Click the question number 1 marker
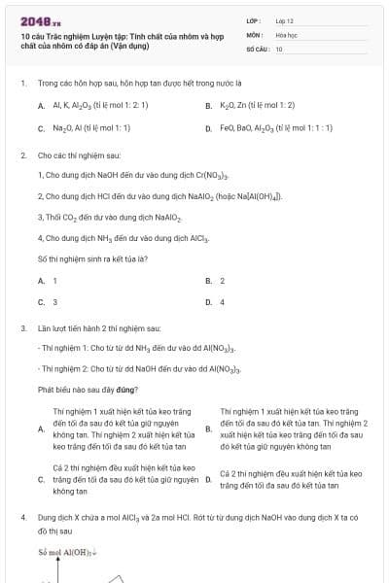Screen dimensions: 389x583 pyautogui.click(x=22, y=84)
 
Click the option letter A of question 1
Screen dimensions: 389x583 pyautogui.click(x=41, y=105)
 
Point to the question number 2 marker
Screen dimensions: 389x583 pyautogui.click(x=22, y=154)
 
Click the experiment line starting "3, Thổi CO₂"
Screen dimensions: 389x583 pyautogui.click(x=94, y=217)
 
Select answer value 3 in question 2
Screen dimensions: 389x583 pyautogui.click(x=54, y=301)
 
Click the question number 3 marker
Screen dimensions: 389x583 pyautogui.click(x=22, y=328)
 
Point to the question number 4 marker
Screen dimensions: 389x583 pyautogui.click(x=22, y=519)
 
